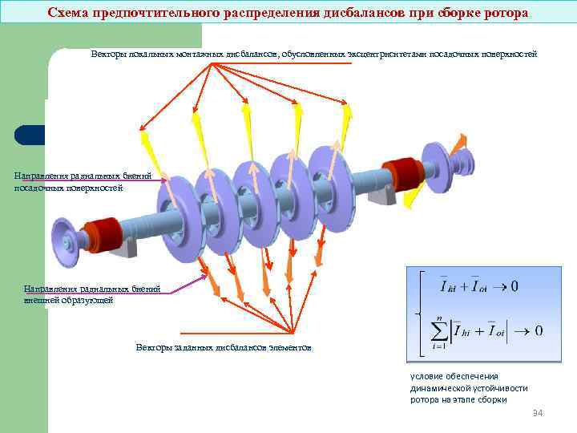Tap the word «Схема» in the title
69,13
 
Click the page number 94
538,413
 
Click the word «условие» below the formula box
426,375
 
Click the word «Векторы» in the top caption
107,54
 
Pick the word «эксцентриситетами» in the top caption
389,54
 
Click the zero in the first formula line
514,286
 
